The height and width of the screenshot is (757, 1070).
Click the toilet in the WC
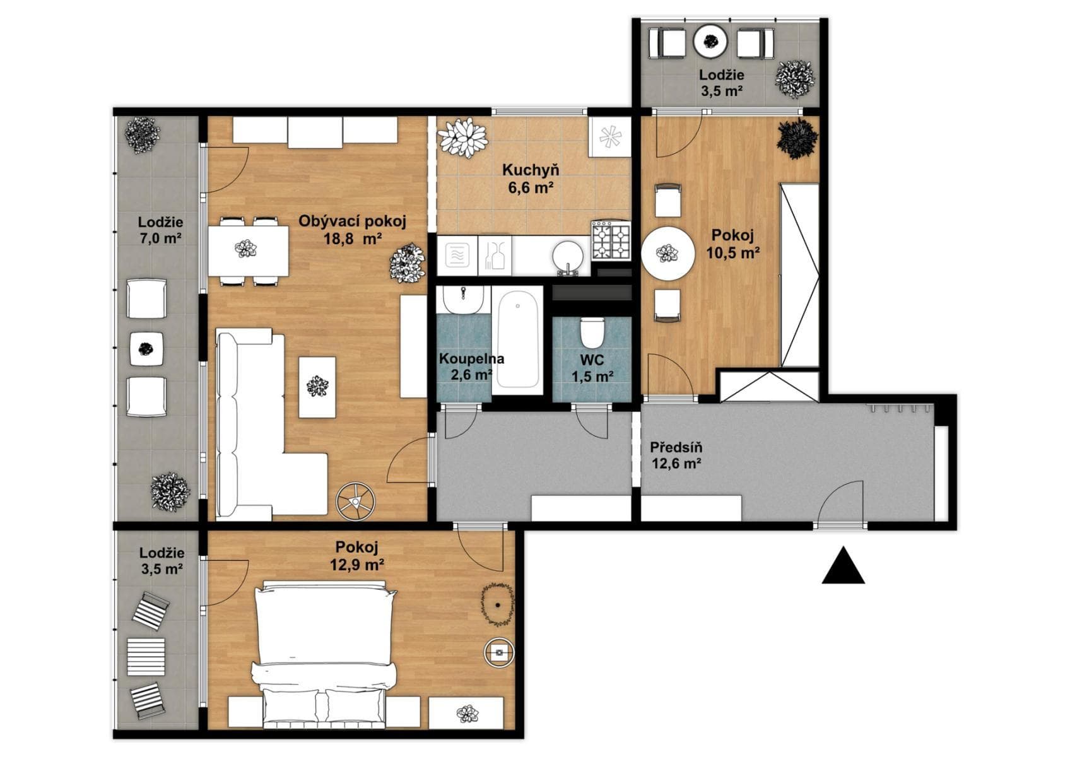tap(593, 333)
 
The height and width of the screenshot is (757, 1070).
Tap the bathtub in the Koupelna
tap(518, 341)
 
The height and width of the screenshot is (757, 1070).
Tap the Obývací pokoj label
tap(353, 221)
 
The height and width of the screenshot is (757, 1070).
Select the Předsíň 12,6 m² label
tap(676, 455)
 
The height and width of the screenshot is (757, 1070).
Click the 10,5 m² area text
tap(733, 253)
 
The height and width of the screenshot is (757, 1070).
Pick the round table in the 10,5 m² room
tap(667, 254)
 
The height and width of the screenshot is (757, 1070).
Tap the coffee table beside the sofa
tap(317, 387)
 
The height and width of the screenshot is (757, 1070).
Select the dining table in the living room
tap(249, 251)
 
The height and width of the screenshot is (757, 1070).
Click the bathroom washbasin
tap(463, 300)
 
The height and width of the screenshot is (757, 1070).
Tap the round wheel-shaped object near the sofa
tap(355, 502)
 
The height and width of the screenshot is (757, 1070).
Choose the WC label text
tap(592, 359)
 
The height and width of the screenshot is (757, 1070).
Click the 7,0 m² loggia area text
tap(160, 238)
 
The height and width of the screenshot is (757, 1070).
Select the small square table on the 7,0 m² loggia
tap(146, 349)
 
